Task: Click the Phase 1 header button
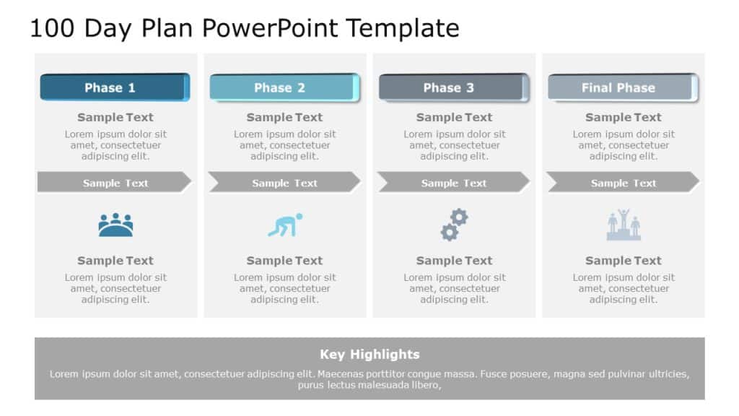[114, 87]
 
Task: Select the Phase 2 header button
[284, 87]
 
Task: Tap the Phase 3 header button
[452, 87]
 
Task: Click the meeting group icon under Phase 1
[115, 225]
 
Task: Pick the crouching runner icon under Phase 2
[285, 225]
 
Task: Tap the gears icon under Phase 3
[454, 225]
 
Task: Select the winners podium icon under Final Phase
[624, 225]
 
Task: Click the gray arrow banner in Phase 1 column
[115, 183]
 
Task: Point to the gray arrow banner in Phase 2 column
[284, 183]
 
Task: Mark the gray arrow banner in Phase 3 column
[454, 183]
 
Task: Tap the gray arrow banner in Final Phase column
[623, 183]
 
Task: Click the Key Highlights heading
[369, 354]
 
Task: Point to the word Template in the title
[402, 28]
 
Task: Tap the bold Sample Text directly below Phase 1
[115, 117]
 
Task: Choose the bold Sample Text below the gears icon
[454, 261]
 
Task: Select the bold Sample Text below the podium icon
[624, 261]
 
